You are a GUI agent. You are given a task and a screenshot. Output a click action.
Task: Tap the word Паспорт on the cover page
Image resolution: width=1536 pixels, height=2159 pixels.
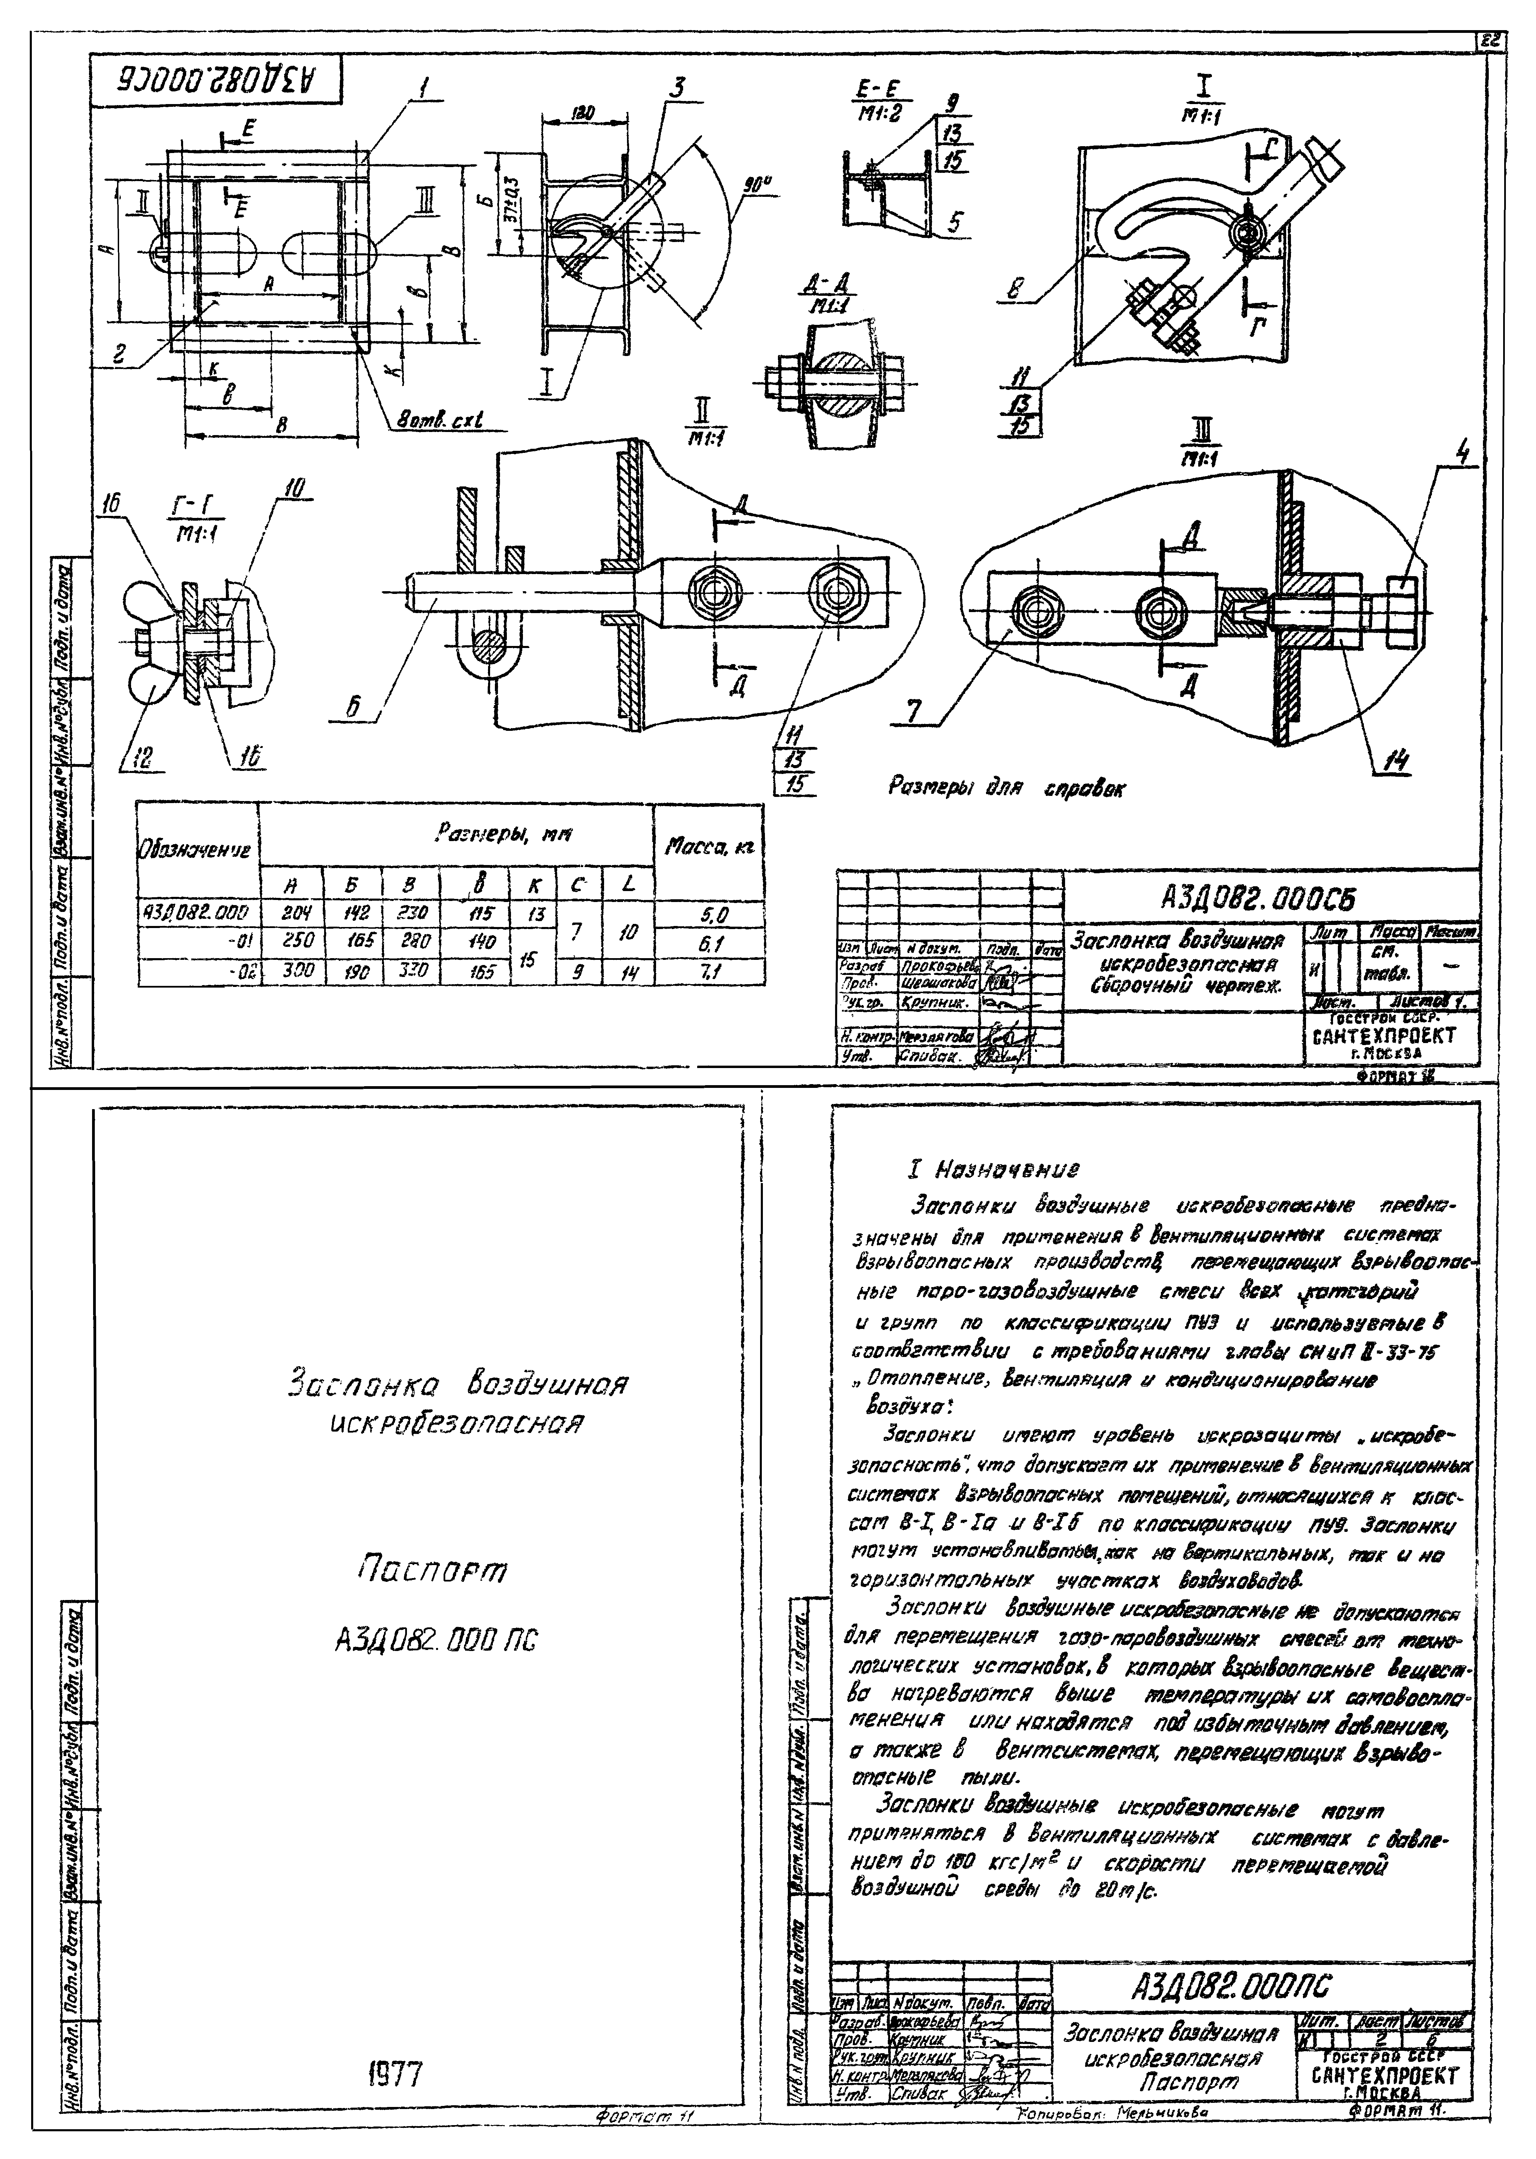[x=433, y=1572]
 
